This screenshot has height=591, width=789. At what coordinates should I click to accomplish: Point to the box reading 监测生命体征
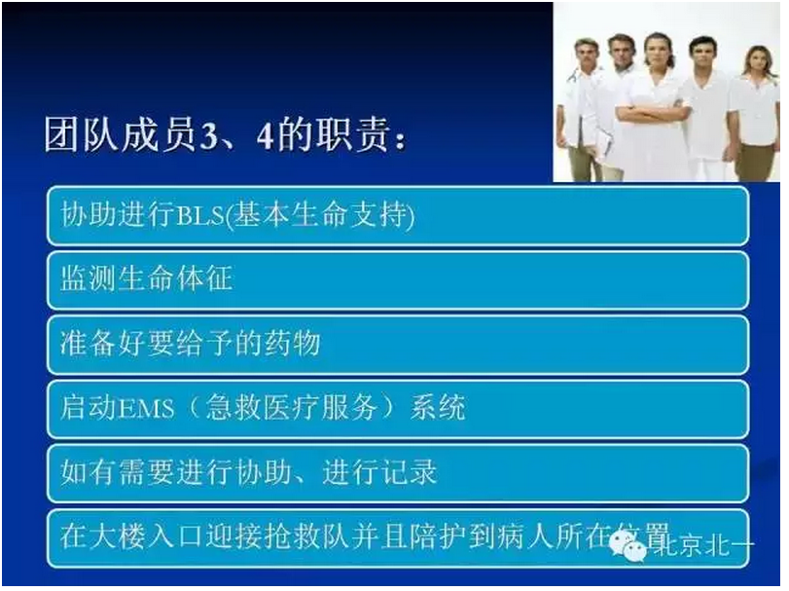[397, 281]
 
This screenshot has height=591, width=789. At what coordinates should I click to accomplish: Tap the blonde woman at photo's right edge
[758, 112]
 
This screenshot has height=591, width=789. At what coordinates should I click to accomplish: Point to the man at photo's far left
[582, 107]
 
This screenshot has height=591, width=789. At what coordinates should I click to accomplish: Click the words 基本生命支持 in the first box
[320, 216]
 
